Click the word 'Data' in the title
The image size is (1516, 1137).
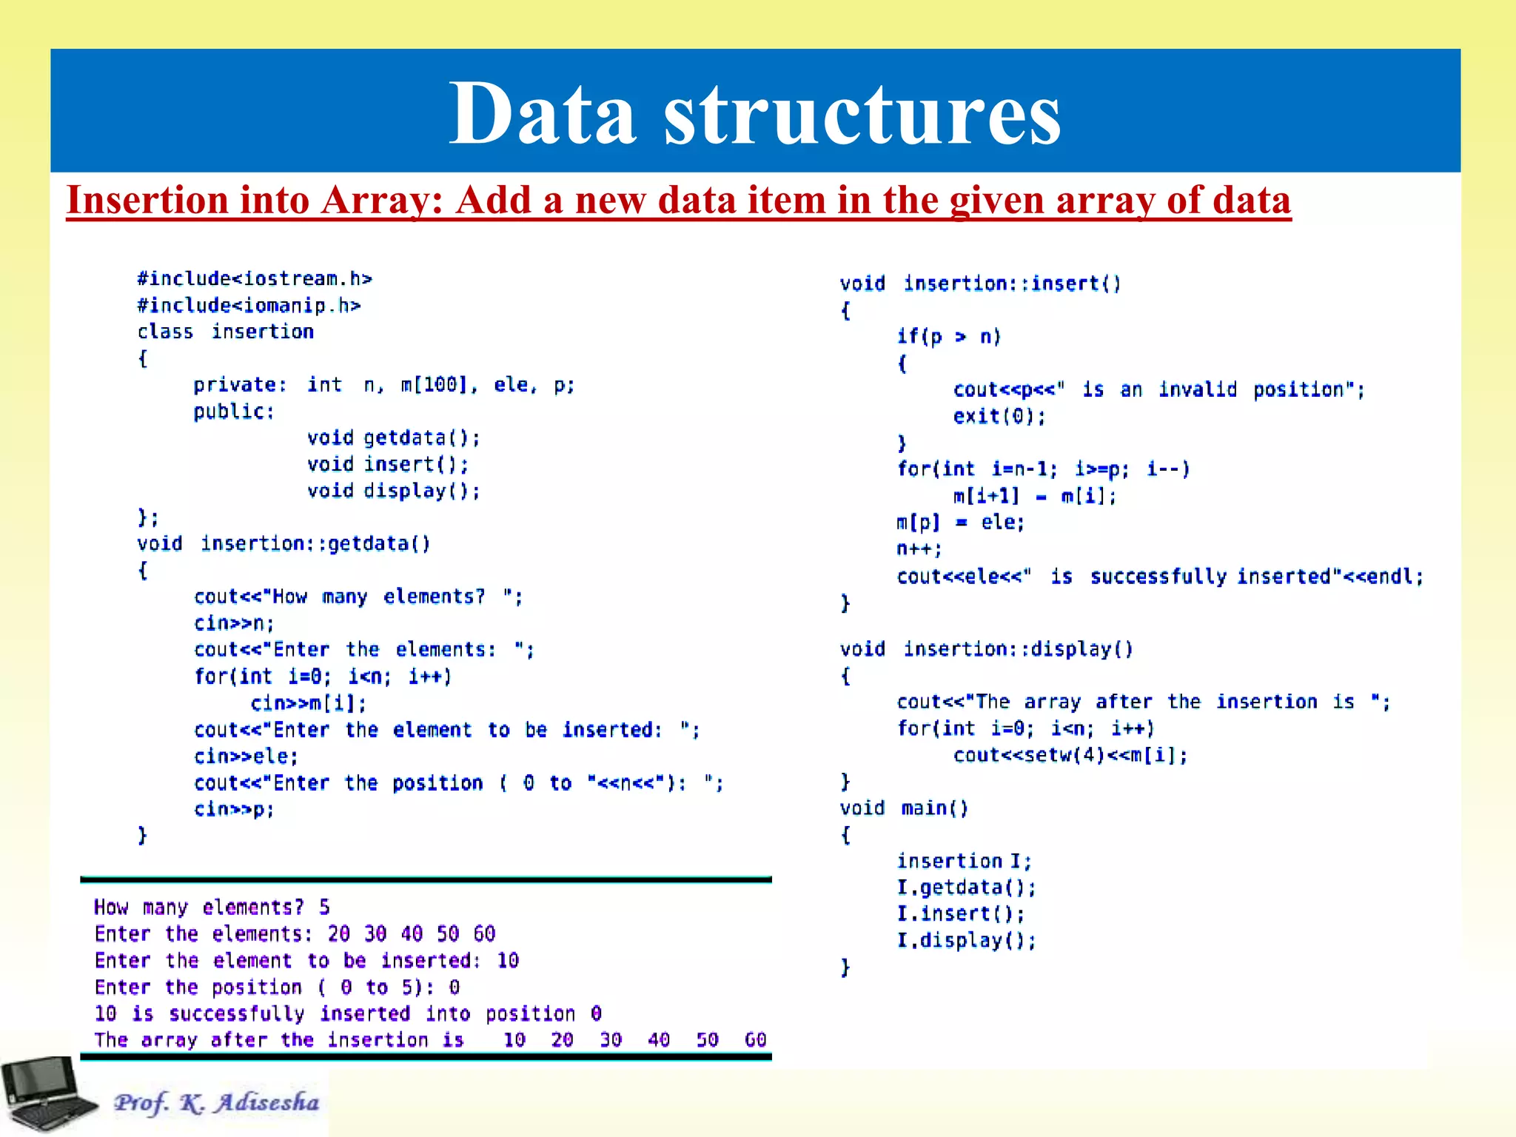click(542, 115)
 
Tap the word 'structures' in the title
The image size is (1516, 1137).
click(862, 115)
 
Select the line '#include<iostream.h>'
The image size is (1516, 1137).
click(254, 279)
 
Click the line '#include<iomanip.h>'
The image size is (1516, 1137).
click(249, 306)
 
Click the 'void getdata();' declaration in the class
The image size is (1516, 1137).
click(393, 438)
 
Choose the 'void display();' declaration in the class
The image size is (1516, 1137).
click(393, 492)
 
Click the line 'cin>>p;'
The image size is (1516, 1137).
click(234, 809)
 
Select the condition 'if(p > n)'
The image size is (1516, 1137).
click(948, 337)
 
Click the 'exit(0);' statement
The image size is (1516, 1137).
click(999, 417)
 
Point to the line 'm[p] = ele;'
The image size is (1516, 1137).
click(960, 523)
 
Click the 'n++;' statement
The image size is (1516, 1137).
click(919, 549)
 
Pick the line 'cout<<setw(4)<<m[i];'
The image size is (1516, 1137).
click(1070, 756)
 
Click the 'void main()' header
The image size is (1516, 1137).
click(904, 808)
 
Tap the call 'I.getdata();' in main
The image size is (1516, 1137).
click(966, 888)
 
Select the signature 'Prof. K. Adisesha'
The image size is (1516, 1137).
click(217, 1102)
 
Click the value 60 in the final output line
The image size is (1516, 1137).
click(755, 1040)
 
